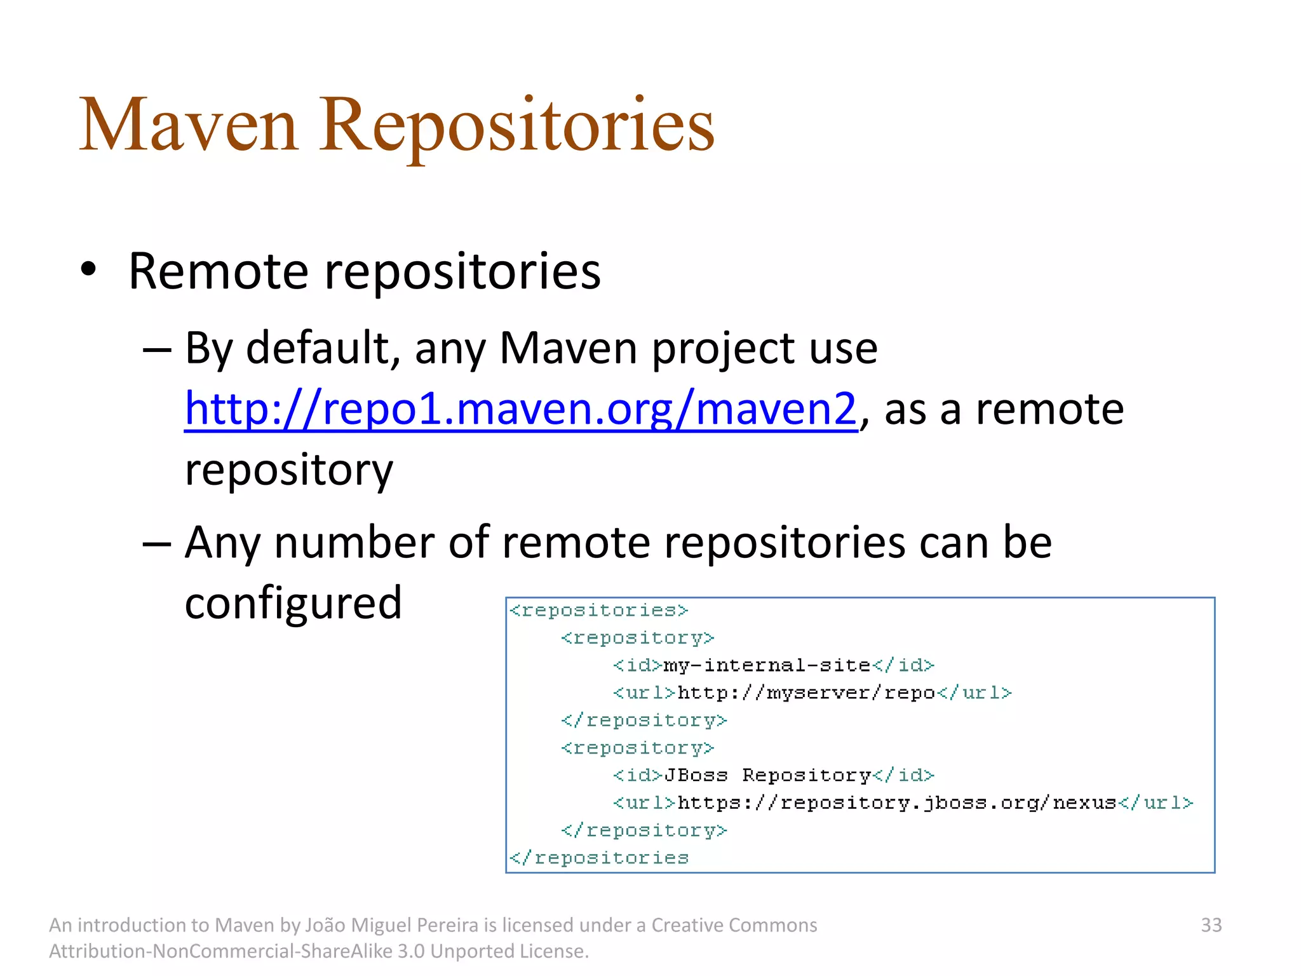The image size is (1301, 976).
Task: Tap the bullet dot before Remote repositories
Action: pyautogui.click(x=88, y=269)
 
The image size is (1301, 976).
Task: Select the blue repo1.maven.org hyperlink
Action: pyautogui.click(x=520, y=409)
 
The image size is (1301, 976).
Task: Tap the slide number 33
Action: pyautogui.click(x=1211, y=925)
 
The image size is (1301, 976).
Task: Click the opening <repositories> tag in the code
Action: pyautogui.click(x=599, y=611)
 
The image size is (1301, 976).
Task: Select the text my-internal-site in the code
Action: pyautogui.click(x=767, y=665)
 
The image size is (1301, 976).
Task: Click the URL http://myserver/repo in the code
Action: pyautogui.click(x=806, y=693)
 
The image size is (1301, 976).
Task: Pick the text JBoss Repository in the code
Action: pyautogui.click(x=767, y=775)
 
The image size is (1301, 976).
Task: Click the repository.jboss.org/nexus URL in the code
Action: pyautogui.click(x=896, y=803)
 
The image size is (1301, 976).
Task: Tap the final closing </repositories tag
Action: pyautogui.click(x=599, y=858)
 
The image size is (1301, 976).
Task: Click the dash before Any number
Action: pyautogui.click(x=156, y=544)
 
